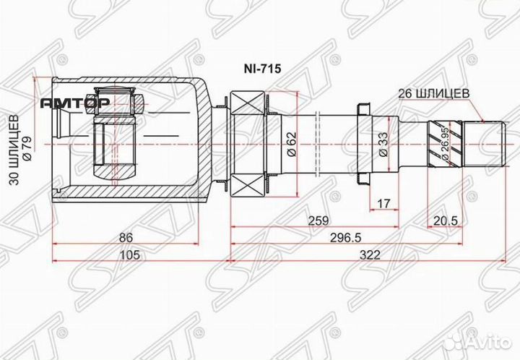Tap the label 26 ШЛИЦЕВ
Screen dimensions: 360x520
[x=435, y=93]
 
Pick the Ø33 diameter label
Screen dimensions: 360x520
[x=382, y=145]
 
